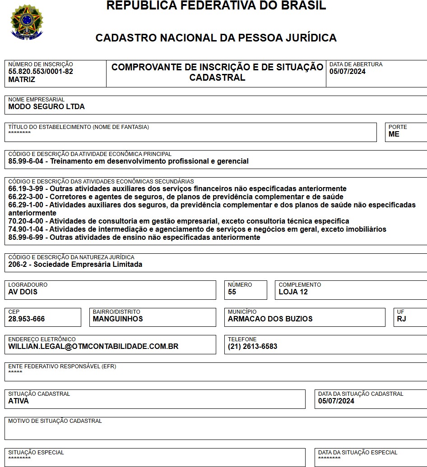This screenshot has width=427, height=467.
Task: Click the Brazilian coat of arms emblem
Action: [x=27, y=21]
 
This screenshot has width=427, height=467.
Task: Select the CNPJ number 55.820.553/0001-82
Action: [x=41, y=71]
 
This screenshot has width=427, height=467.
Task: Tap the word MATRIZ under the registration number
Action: [x=22, y=79]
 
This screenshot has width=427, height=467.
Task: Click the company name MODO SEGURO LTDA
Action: [x=46, y=107]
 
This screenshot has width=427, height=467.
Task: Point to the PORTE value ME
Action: [x=394, y=134]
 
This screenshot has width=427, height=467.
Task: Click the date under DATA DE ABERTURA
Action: [x=348, y=71]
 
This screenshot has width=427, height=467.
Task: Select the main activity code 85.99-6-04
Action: [x=26, y=161]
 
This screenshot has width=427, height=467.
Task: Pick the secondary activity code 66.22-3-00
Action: [x=26, y=197]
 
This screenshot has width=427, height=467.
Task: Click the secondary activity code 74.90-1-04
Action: [x=26, y=229]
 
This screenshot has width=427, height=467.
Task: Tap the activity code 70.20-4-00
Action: [x=26, y=221]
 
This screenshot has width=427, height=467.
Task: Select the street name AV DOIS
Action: [x=23, y=292]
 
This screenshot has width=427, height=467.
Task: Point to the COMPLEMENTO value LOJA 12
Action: [x=293, y=292]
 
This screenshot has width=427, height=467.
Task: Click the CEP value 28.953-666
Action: [x=27, y=319]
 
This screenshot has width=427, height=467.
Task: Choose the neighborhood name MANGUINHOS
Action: [x=118, y=319]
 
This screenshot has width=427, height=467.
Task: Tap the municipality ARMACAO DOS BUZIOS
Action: [x=270, y=319]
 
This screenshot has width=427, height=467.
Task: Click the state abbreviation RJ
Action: [x=401, y=319]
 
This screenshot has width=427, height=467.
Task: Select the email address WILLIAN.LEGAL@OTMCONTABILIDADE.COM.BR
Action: [x=93, y=346]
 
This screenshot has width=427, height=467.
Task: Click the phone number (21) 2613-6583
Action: [x=253, y=346]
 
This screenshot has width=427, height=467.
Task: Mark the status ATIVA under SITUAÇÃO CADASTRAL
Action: [x=19, y=401]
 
